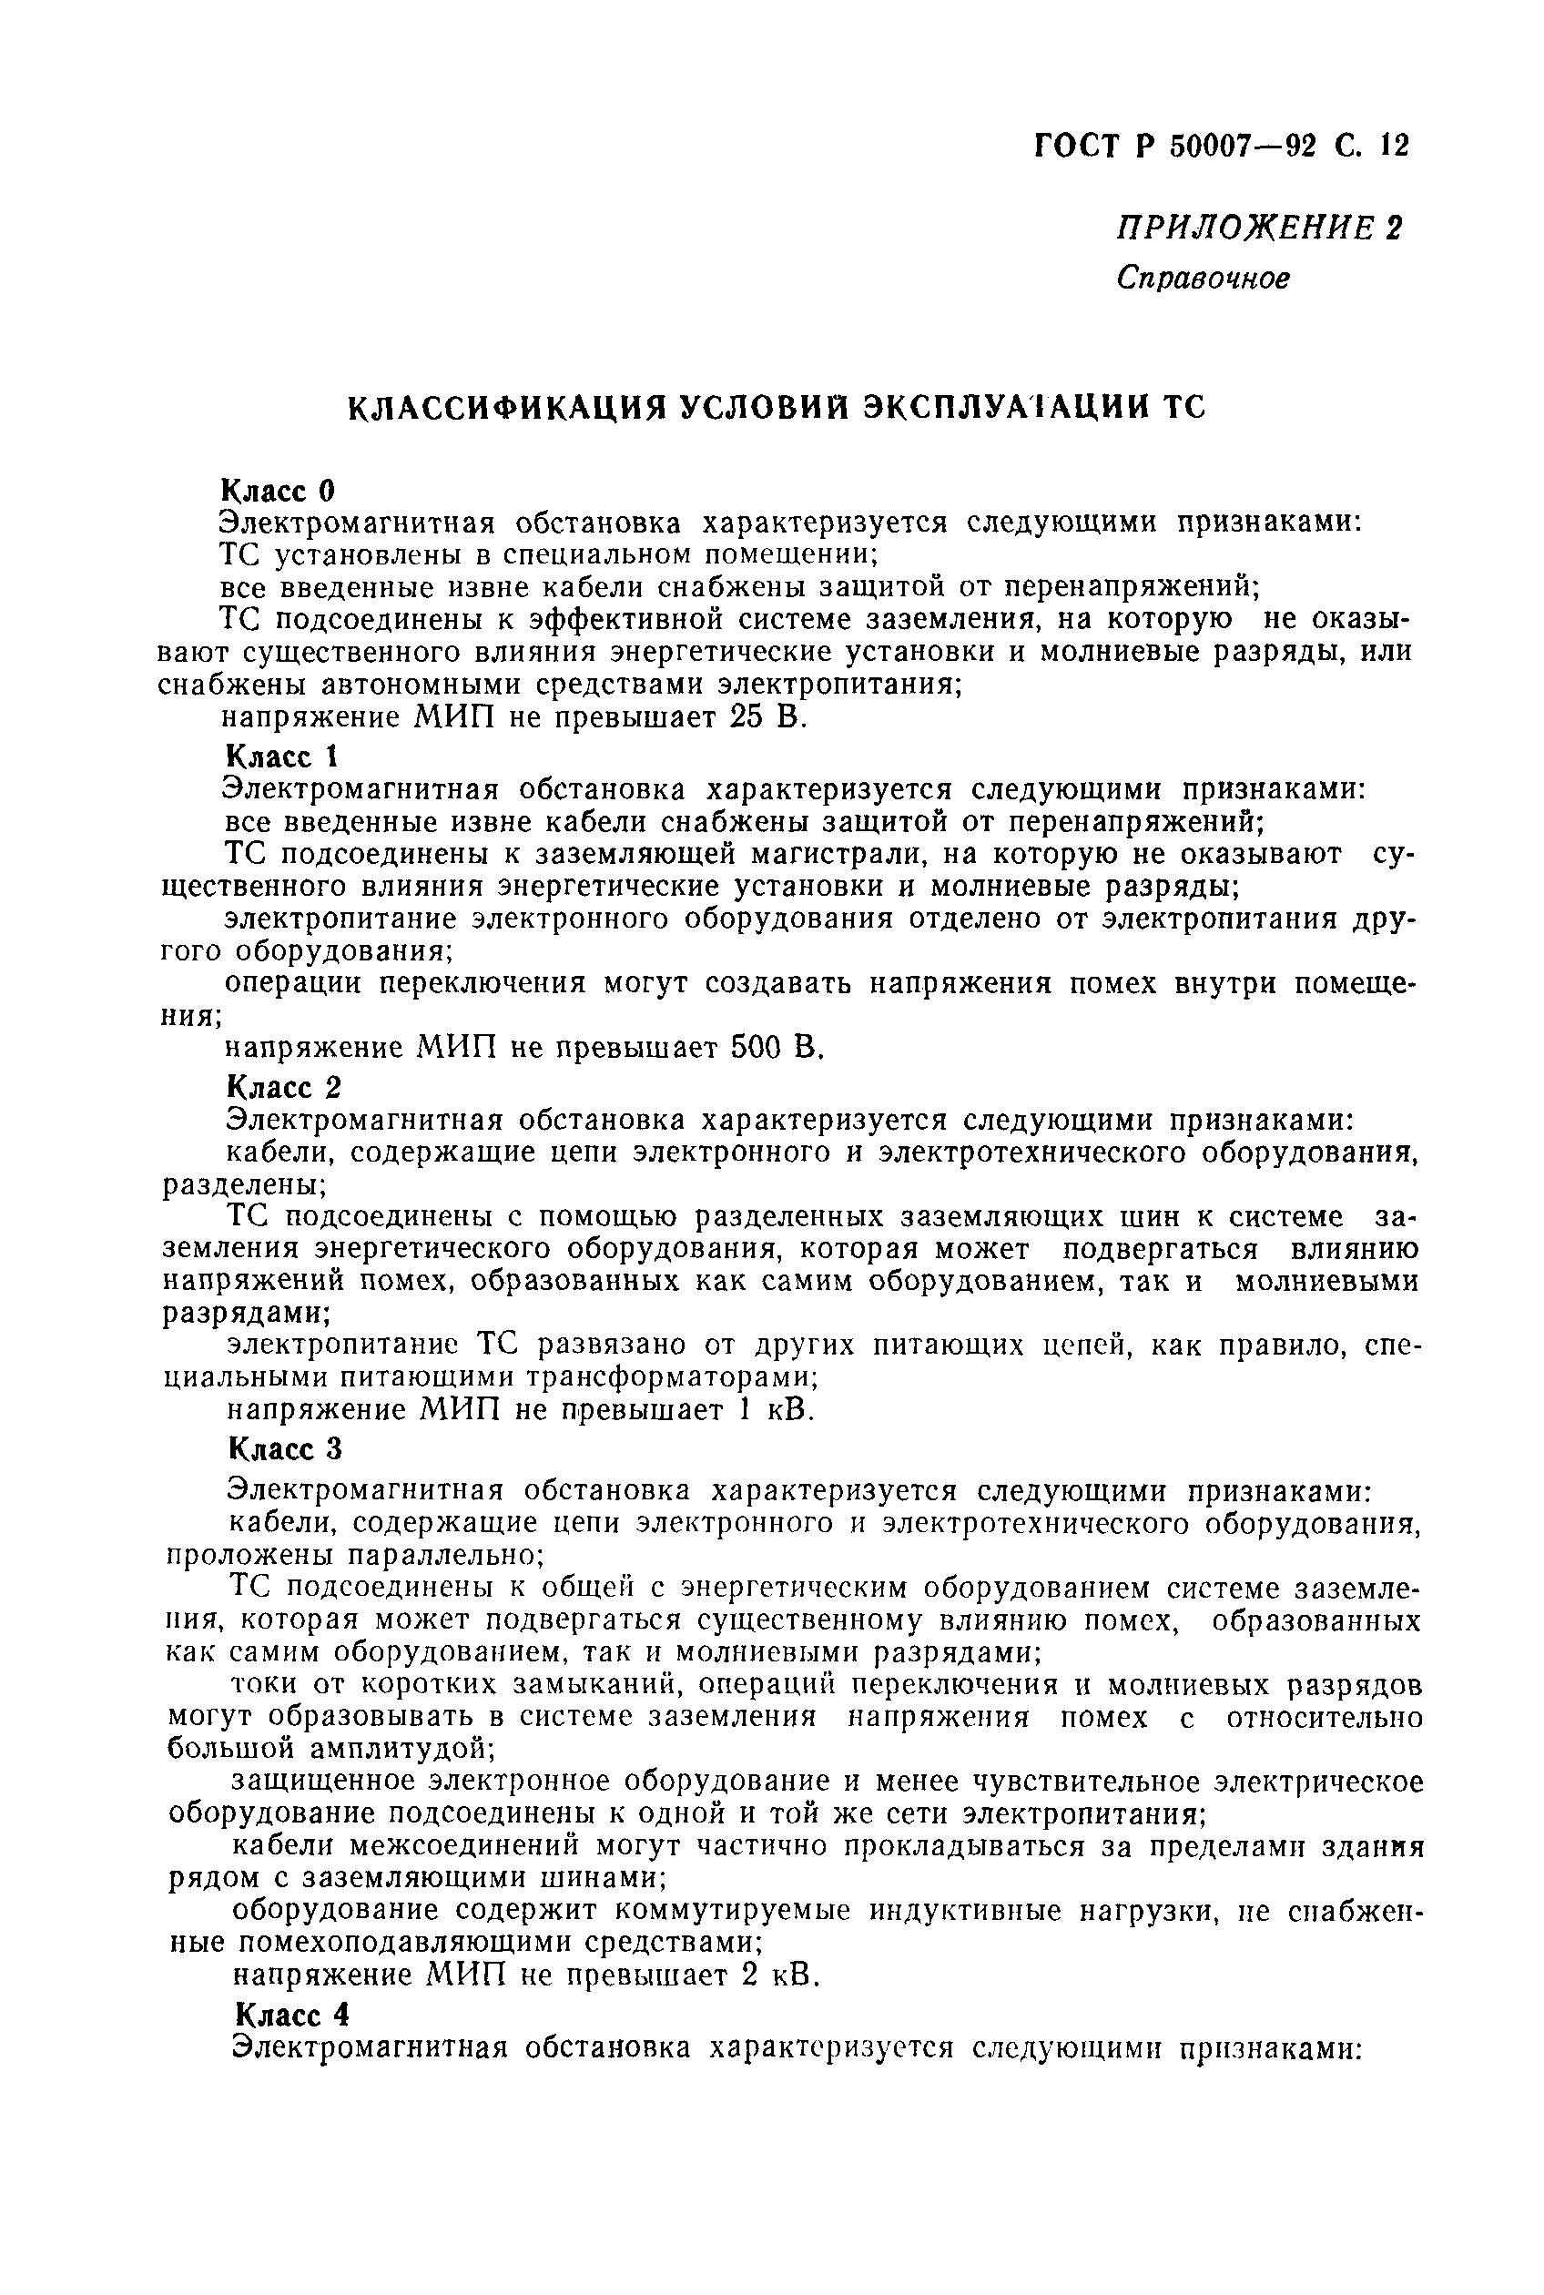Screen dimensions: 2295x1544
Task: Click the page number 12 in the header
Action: coord(1396,146)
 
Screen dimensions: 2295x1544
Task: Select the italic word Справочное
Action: coord(1203,279)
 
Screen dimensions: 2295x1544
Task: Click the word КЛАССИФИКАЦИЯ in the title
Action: coord(503,408)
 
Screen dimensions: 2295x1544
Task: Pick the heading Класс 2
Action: coord(284,1087)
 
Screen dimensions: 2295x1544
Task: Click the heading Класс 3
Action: coord(285,1449)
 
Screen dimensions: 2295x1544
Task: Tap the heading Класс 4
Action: coord(291,2015)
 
